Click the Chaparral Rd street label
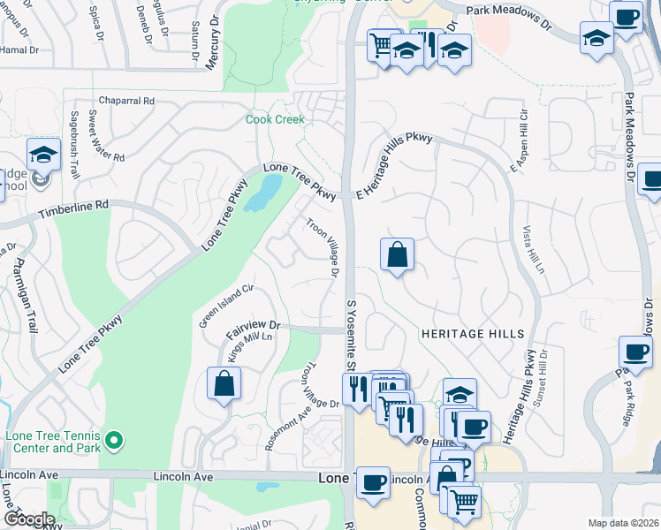tap(127, 101)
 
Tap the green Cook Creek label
tap(275, 119)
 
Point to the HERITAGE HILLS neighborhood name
tap(473, 334)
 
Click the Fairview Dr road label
tap(253, 329)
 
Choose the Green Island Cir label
tap(225, 305)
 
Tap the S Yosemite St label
tap(351, 336)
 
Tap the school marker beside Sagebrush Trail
tap(42, 156)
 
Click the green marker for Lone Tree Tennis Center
tap(112, 439)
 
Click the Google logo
tap(29, 519)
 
